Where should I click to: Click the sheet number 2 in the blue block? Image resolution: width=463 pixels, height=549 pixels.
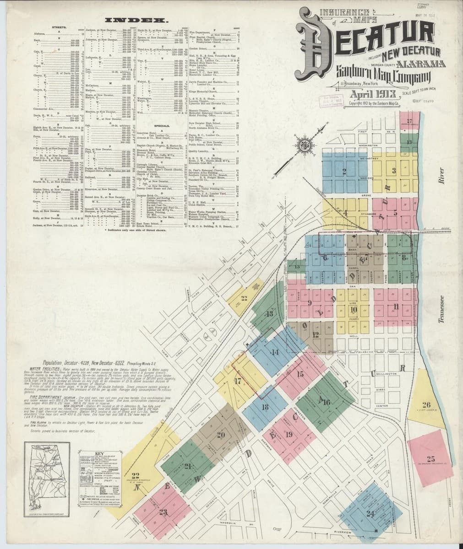click(343, 172)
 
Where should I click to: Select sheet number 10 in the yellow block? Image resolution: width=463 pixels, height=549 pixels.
click(353, 309)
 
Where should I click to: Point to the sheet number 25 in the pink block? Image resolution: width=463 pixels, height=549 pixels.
click(430, 458)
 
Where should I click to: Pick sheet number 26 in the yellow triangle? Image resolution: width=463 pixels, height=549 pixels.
click(426, 404)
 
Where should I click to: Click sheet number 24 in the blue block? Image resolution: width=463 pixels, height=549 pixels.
click(370, 513)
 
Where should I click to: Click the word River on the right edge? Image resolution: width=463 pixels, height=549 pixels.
click(442, 174)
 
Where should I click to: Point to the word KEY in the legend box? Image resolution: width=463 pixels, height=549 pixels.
click(100, 455)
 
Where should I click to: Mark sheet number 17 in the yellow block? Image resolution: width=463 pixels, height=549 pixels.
click(238, 381)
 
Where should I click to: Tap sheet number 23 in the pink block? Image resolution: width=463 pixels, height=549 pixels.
click(163, 512)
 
